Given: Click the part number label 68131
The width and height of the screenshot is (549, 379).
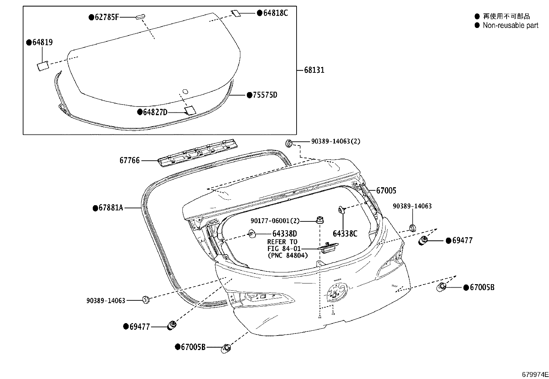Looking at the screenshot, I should tap(314, 70).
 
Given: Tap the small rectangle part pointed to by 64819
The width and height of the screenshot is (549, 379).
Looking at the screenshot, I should tap(43, 66).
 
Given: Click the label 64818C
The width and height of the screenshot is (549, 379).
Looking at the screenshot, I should tap(275, 13).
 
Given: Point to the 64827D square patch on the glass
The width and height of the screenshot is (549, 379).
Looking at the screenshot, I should tap(190, 110).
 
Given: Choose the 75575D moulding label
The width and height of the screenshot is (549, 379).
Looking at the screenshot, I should tap(264, 95).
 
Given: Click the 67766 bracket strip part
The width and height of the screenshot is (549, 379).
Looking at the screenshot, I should tap(198, 152).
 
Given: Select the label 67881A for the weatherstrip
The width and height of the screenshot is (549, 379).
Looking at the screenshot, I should tap(111, 208).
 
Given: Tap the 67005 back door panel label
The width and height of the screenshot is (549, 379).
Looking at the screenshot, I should tap(386, 190).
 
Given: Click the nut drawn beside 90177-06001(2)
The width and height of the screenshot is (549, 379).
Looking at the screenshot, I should tap(320, 219).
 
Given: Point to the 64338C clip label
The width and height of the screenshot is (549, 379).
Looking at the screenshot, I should tap(345, 234).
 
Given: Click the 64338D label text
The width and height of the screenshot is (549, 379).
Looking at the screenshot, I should tap(285, 234).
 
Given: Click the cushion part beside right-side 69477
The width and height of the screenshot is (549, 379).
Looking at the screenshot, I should tap(423, 241).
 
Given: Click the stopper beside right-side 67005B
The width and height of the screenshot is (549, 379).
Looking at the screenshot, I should tap(441, 287).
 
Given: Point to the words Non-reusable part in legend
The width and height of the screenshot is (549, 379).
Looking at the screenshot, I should tap(510, 25).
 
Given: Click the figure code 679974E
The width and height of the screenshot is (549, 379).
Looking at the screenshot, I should tap(535, 375).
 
